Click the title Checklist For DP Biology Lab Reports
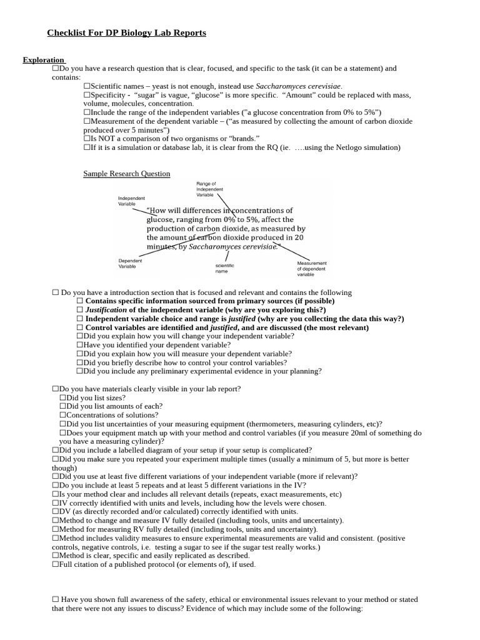point(127,32)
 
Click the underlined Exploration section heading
point(43,60)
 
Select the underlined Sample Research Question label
point(127,173)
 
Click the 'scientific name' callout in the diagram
point(224,268)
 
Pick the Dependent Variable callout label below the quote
point(130,263)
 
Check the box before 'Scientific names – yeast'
point(87,86)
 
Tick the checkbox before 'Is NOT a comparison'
point(87,139)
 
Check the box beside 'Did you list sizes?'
point(63,397)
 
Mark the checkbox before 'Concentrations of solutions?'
point(63,415)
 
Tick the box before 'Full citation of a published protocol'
point(56,564)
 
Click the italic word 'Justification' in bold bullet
point(106,310)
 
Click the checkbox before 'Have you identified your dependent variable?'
point(80,345)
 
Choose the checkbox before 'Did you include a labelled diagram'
point(56,450)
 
